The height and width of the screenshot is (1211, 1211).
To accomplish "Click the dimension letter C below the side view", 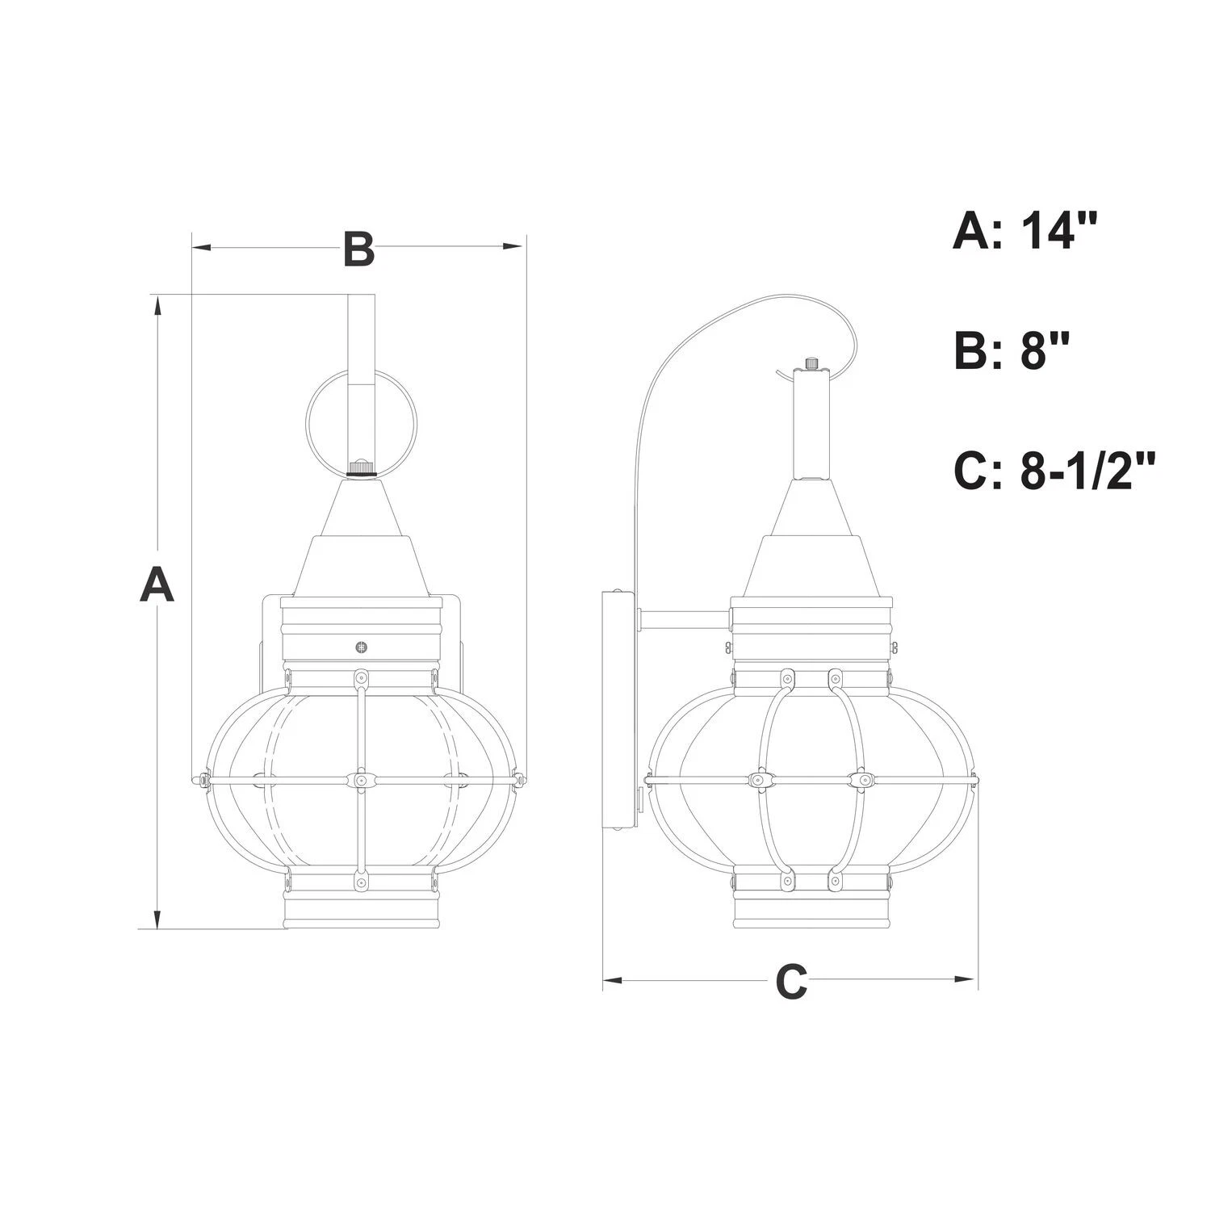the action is (x=791, y=981).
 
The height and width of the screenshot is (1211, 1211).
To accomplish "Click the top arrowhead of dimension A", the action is (x=158, y=304).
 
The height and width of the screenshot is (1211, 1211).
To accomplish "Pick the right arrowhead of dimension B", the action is (x=514, y=246).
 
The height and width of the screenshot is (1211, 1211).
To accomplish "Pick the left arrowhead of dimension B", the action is (x=202, y=246).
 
